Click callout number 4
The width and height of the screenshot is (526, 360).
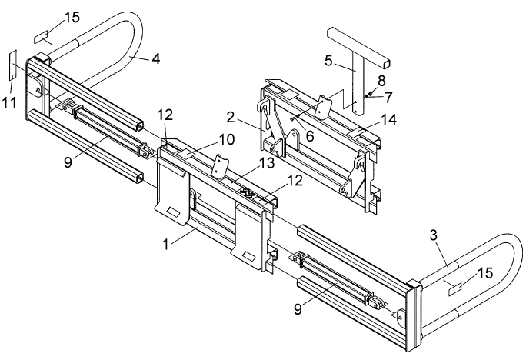pyautogui.click(x=156, y=59)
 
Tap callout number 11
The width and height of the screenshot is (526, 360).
pyautogui.click(x=9, y=102)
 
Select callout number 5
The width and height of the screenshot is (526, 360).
pyautogui.click(x=328, y=61)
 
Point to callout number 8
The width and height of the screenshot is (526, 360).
pyautogui.click(x=381, y=81)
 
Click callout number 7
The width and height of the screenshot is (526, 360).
pyautogui.click(x=388, y=97)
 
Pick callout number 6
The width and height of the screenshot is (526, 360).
pyautogui.click(x=310, y=136)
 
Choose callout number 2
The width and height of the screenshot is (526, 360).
pyautogui.click(x=231, y=118)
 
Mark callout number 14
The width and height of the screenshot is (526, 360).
pyautogui.click(x=389, y=119)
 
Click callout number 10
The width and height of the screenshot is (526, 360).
pyautogui.click(x=227, y=139)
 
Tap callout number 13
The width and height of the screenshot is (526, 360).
pyautogui.click(x=267, y=163)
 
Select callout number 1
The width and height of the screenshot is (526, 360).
pyautogui.click(x=165, y=245)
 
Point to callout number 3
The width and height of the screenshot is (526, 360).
pyautogui.click(x=434, y=235)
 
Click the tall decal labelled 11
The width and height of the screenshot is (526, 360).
pyautogui.click(x=13, y=65)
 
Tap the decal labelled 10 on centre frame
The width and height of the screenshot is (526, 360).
pyautogui.click(x=186, y=154)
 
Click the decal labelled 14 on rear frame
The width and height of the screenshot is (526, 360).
pyautogui.click(x=358, y=132)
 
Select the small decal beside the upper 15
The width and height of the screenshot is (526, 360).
pyautogui.click(x=42, y=37)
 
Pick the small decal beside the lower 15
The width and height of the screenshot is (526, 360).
pyautogui.click(x=455, y=288)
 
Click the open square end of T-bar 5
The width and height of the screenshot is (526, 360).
pyautogui.click(x=386, y=64)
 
